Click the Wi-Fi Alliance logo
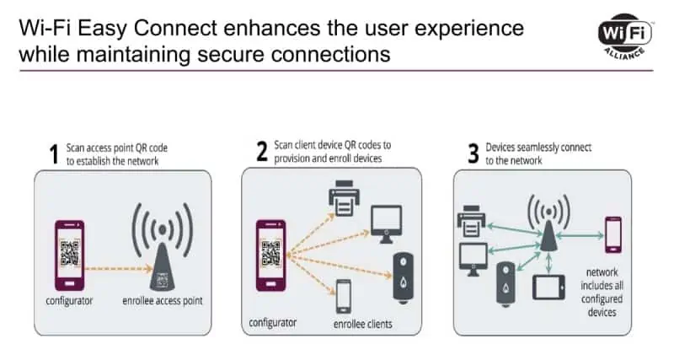(x=625, y=36)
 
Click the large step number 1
(x=54, y=154)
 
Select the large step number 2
(x=262, y=152)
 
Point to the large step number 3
(x=473, y=154)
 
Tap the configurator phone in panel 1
(x=69, y=255)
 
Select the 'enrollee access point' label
(x=163, y=301)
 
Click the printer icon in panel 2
(x=344, y=198)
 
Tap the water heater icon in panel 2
(x=404, y=278)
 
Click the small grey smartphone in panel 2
(x=343, y=296)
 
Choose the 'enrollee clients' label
(x=363, y=325)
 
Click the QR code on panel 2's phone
(x=270, y=253)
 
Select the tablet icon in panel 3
(x=548, y=287)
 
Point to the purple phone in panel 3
(x=613, y=235)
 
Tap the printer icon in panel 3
(x=471, y=221)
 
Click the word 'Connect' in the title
(x=175, y=29)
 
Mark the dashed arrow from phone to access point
(x=119, y=269)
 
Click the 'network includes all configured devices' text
(x=602, y=292)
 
